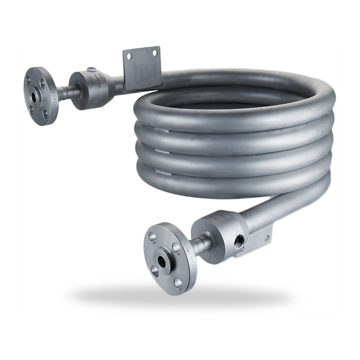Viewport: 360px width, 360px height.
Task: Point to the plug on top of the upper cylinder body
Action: coord(93,71)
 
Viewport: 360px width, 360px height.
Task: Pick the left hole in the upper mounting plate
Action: coord(130,56)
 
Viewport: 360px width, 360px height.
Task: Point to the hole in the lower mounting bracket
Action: coord(268,232)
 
